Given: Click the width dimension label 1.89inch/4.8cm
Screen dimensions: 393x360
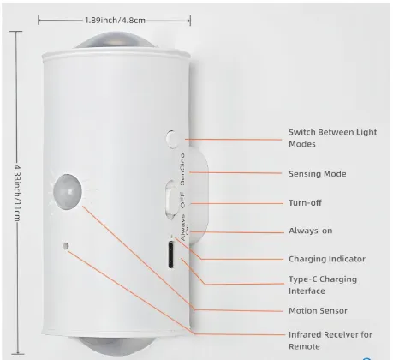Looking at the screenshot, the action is click(115, 21).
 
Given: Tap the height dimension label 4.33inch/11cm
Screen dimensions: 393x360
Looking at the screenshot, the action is click(17, 193).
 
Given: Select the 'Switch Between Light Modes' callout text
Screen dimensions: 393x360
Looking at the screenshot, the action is click(332, 138).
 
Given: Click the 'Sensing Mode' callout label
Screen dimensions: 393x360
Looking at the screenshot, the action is click(318, 174).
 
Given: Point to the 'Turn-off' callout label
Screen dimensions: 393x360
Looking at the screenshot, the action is click(305, 203).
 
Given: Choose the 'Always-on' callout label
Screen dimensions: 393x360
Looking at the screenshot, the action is click(311, 231).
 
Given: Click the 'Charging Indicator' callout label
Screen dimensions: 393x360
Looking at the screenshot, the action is click(327, 259).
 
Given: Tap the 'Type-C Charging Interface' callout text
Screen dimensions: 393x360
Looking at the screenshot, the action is click(323, 285).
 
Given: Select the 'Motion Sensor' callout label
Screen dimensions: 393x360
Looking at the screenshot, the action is click(318, 310).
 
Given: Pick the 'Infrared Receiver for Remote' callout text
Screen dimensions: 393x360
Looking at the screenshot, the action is click(330, 340).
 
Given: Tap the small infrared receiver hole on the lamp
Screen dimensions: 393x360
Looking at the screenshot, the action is click(66, 246).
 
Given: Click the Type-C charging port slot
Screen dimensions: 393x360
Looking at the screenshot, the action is click(171, 255).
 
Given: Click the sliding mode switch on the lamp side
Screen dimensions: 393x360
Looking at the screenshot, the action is click(170, 200).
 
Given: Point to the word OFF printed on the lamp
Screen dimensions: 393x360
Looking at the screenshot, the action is click(182, 201).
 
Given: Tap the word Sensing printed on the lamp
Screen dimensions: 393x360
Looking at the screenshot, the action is click(182, 169).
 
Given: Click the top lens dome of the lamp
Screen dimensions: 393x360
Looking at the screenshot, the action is click(116, 40).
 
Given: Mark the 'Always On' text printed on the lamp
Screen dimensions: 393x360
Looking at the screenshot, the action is click(184, 227).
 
